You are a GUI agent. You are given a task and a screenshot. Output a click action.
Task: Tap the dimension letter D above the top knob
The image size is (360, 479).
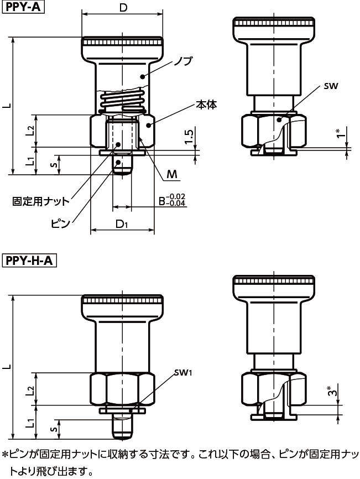pyautogui.click(x=124, y=8)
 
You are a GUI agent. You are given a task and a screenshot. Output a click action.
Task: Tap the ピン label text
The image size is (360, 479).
pyautogui.click(x=61, y=223)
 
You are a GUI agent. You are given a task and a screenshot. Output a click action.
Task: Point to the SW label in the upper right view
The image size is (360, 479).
pyautogui.click(x=331, y=86)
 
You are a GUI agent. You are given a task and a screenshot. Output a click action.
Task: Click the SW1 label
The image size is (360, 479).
pyautogui.click(x=182, y=372)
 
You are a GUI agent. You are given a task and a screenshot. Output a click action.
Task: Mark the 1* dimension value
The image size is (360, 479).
pyautogui.click(x=338, y=135)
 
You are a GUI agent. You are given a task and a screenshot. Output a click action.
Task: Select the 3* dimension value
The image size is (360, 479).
pyautogui.click(x=331, y=392)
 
